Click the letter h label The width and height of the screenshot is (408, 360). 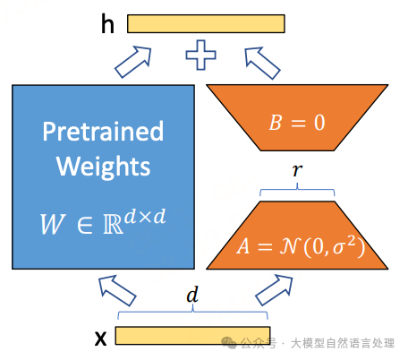[107, 23]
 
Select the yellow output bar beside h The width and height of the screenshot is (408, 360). [206, 23]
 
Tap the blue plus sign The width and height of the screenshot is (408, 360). [200, 55]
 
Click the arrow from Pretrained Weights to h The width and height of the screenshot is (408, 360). [133, 62]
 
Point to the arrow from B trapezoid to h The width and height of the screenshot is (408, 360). [262, 63]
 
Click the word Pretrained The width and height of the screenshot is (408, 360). [103, 131]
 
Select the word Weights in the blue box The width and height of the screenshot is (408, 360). [103, 166]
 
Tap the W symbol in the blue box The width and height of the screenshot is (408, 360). [53, 224]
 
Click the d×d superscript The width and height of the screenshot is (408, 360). [145, 217]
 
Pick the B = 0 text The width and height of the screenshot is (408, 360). [297, 123]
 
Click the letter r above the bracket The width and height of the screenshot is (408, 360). [297, 170]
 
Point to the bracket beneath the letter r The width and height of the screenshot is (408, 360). [297, 191]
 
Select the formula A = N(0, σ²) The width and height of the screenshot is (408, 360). [301, 246]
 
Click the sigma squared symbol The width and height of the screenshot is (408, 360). [345, 245]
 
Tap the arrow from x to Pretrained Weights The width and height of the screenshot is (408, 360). [117, 290]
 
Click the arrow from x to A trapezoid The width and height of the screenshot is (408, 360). [274, 290]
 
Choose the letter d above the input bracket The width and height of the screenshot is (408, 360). [192, 295]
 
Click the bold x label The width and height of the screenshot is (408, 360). [100, 339]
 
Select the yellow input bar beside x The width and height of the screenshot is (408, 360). [192, 336]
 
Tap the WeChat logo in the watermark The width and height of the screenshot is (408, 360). [229, 343]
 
